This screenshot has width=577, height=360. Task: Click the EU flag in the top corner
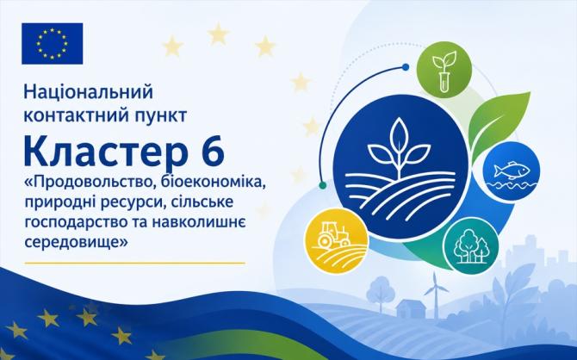(53, 43)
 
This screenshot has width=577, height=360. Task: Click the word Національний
(89, 92)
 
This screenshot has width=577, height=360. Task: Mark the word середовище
(72, 242)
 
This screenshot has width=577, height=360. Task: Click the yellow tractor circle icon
(337, 240)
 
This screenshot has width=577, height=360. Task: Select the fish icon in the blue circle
(512, 172)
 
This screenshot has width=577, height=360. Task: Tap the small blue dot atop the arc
(406, 67)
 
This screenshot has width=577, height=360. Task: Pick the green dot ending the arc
(323, 185)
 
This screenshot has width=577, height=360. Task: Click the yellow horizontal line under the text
(134, 264)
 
